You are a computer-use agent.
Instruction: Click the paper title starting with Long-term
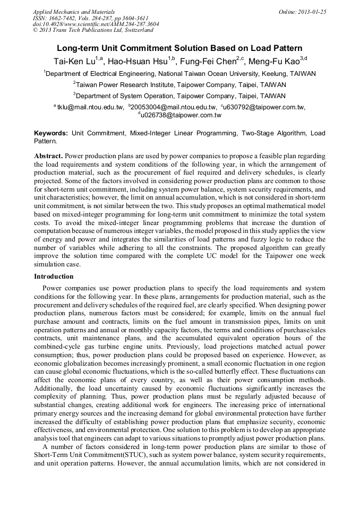(179, 48)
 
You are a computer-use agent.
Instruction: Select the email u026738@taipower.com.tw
(181, 115)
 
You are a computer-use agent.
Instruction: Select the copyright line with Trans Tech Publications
(93, 30)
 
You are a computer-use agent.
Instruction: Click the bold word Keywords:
(51, 133)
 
